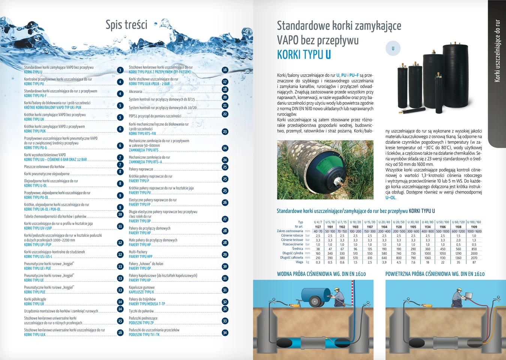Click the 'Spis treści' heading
126,25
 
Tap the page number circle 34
225,333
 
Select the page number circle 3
120,70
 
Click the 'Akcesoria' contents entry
136,91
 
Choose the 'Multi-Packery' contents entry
138,252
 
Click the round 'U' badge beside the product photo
393,48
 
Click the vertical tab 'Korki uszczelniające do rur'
497,51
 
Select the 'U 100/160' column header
474,222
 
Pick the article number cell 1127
318,227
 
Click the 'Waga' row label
299,262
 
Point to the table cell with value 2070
474,258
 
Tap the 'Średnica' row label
298,249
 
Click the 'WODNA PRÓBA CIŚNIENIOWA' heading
321,274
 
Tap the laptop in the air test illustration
468,295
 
